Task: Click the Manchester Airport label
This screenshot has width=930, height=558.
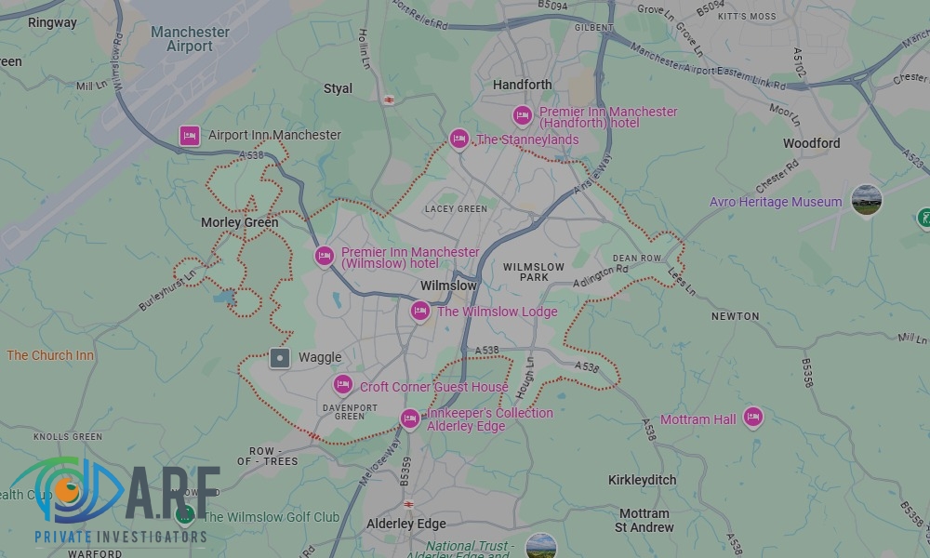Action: click(x=190, y=39)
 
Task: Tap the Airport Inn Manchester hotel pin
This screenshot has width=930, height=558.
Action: click(x=190, y=136)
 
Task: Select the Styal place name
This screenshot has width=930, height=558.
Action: click(x=338, y=88)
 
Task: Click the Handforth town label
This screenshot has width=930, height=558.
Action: click(x=522, y=85)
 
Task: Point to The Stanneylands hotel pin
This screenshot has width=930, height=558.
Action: click(x=458, y=139)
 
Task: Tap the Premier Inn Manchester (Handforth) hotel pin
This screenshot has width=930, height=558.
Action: click(x=523, y=115)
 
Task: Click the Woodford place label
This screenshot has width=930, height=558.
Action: click(x=811, y=143)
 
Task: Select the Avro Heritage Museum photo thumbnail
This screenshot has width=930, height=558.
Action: click(x=866, y=200)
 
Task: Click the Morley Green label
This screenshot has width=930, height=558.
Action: click(x=240, y=222)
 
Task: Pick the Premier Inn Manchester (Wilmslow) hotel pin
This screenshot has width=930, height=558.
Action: click(x=324, y=256)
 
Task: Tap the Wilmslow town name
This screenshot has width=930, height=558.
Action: click(x=448, y=286)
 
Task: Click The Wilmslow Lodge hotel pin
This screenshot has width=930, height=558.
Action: click(x=420, y=311)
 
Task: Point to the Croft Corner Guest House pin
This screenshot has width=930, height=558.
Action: click(x=343, y=385)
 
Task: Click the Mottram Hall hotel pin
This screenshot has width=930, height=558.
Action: click(x=752, y=418)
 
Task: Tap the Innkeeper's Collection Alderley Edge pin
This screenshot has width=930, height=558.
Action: click(x=409, y=418)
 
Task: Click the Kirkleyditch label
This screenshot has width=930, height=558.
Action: click(x=642, y=480)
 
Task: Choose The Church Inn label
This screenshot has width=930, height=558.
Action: click(x=50, y=355)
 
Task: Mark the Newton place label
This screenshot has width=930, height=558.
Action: click(x=735, y=316)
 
